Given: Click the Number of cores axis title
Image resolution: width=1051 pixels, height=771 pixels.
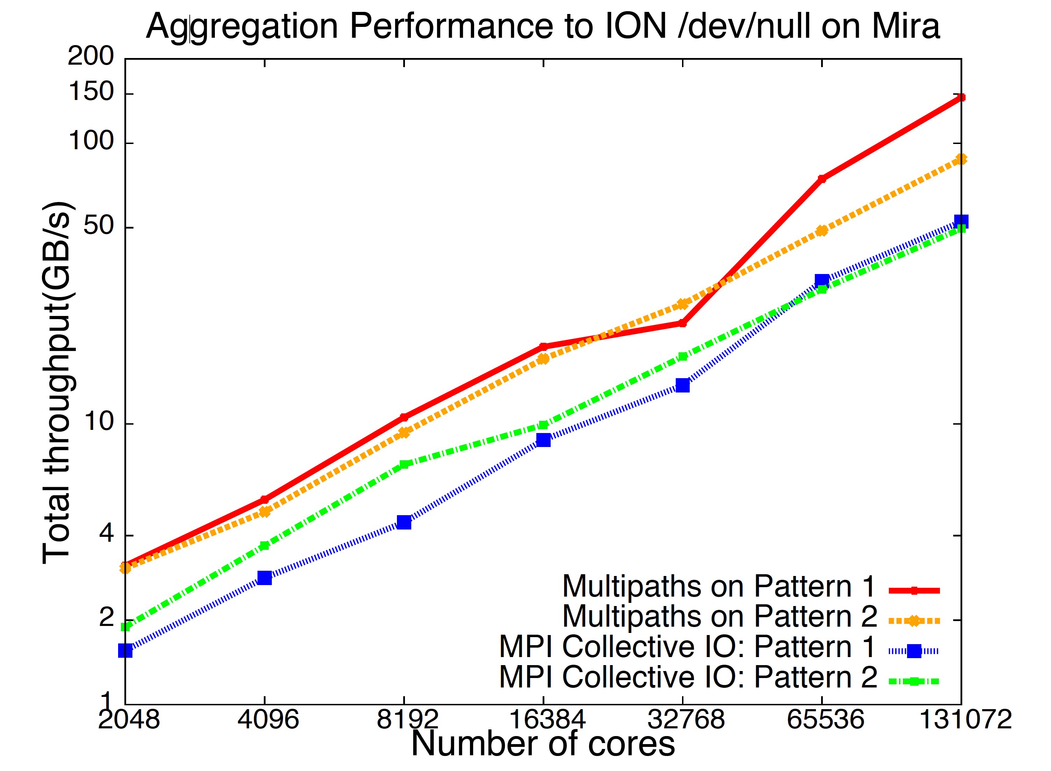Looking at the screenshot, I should point(543,744).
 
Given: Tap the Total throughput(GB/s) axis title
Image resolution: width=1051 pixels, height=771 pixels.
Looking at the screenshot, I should point(57,383).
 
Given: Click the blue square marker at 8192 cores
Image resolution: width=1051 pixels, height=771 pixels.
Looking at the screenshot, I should point(404,522).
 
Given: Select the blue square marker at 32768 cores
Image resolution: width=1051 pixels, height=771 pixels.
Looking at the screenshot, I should point(682,385).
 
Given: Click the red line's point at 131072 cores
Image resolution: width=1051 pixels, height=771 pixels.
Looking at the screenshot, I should point(961,98).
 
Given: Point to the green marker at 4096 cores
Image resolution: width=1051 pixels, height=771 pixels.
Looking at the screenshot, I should point(264,545).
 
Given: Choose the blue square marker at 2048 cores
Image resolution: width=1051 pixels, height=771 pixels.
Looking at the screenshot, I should point(125,650).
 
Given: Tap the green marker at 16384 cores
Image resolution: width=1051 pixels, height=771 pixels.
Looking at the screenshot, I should point(543,425).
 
